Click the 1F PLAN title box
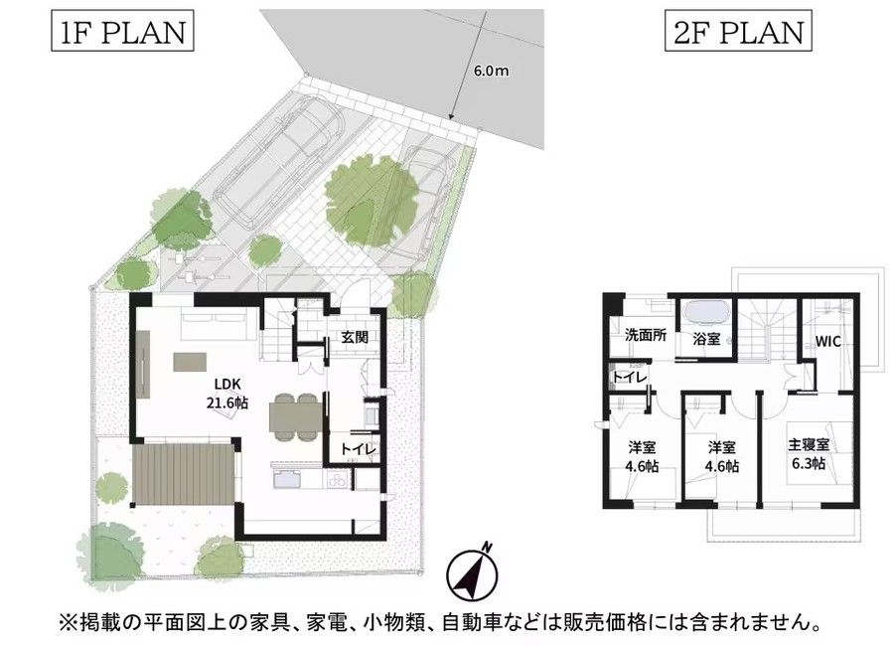pyautogui.click(x=122, y=33)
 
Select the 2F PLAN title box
pyautogui.click(x=738, y=33)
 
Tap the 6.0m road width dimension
pyautogui.click(x=491, y=71)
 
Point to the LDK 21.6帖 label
pyautogui.click(x=226, y=393)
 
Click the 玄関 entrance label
pyautogui.click(x=355, y=337)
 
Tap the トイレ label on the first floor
pyautogui.click(x=358, y=449)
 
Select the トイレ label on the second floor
pyautogui.click(x=630, y=377)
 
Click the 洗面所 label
pyautogui.click(x=646, y=335)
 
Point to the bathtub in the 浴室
pyautogui.click(x=706, y=313)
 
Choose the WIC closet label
pyautogui.click(x=827, y=342)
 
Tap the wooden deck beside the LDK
pyautogui.click(x=183, y=474)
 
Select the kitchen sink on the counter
pyautogui.click(x=287, y=479)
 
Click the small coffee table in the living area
pyautogui.click(x=191, y=363)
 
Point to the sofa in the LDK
pyautogui.click(x=214, y=324)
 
